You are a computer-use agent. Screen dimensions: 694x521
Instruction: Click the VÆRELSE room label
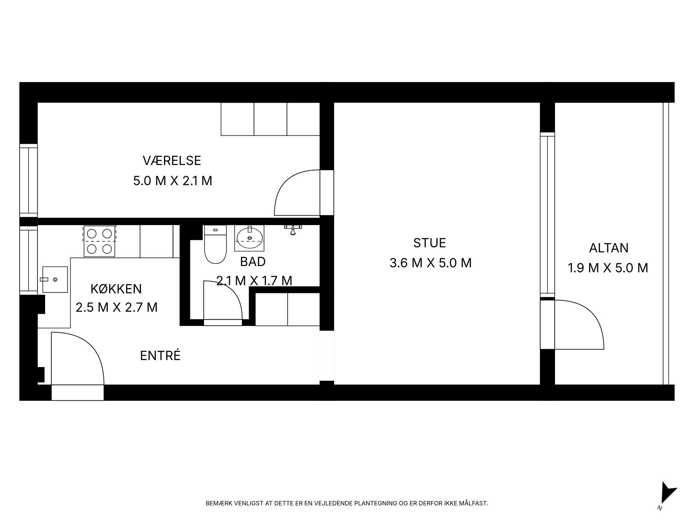[x=172, y=161]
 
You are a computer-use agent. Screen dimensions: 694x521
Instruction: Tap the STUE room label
[x=430, y=243]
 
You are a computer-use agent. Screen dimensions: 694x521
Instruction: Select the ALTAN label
[x=609, y=248]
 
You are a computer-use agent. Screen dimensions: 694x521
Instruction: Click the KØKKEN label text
[x=116, y=289]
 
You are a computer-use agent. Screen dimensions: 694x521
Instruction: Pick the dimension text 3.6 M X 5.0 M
[x=431, y=263]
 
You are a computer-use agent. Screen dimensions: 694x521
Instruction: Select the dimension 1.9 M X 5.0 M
[x=608, y=268]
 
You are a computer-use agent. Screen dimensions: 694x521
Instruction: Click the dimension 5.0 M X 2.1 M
[x=173, y=181]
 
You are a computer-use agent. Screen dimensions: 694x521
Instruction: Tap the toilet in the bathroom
[x=215, y=244]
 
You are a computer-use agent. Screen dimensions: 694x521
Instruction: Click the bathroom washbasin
[x=249, y=238]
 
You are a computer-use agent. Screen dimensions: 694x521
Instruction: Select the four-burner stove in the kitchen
[x=99, y=241]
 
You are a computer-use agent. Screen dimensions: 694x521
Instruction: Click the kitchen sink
[x=55, y=279]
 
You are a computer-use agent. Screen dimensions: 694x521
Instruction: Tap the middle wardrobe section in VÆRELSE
[x=270, y=119]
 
